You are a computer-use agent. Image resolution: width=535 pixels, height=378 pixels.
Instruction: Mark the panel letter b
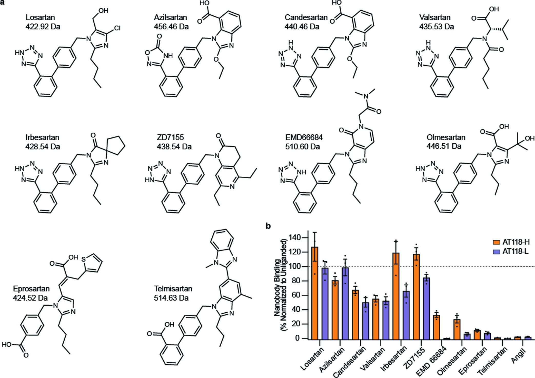click(268, 226)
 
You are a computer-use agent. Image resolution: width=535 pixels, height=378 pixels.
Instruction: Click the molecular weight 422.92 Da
click(43, 27)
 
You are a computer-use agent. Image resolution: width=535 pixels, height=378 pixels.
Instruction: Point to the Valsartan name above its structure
click(435, 17)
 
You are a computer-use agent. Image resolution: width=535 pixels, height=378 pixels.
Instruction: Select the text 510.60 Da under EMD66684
click(302, 147)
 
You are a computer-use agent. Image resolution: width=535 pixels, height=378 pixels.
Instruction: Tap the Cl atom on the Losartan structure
click(117, 28)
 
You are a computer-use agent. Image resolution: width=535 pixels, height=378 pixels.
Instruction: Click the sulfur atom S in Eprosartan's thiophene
click(83, 259)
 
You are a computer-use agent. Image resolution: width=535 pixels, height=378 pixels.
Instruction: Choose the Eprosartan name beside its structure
click(31, 289)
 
